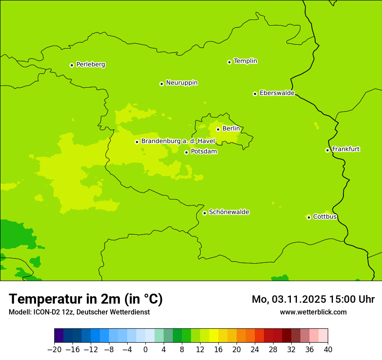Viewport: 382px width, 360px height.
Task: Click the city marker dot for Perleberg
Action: pyautogui.click(x=72, y=65)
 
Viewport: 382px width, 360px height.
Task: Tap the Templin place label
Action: pyautogui.click(x=245, y=61)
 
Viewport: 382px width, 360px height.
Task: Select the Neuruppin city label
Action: pyautogui.click(x=181, y=83)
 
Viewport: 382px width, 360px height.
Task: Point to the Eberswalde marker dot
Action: pyautogui.click(x=255, y=94)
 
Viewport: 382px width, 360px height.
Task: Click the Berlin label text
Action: pyautogui.click(x=231, y=129)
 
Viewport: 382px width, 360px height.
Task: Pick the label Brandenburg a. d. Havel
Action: pyautogui.click(x=178, y=141)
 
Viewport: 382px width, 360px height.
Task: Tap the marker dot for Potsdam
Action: pyautogui.click(x=186, y=152)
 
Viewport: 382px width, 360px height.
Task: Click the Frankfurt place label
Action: pyautogui.click(x=346, y=149)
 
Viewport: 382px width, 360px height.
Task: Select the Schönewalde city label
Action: pyautogui.click(x=229, y=212)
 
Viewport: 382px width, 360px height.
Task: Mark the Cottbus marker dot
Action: pyautogui.click(x=309, y=217)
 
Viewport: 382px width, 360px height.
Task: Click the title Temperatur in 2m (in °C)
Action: pyautogui.click(x=86, y=299)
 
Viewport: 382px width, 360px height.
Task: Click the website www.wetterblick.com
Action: pyautogui.click(x=313, y=312)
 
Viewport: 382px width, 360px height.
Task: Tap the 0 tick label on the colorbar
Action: pyautogui.click(x=145, y=349)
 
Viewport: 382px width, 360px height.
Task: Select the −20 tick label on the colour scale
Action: pyautogui.click(x=54, y=349)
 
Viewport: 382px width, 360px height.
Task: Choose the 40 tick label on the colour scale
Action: pyautogui.click(x=328, y=349)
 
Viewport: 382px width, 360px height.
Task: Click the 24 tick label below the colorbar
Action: pyautogui.click(x=255, y=349)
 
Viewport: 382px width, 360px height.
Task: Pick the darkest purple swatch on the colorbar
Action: pyautogui.click(x=59, y=336)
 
